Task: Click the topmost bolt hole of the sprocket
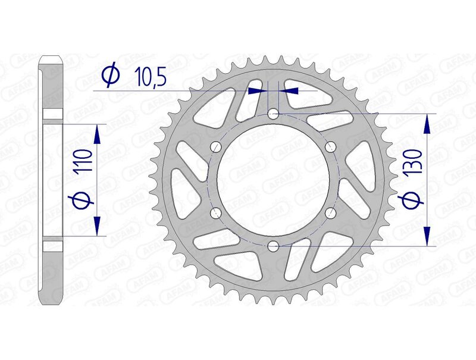[x=273, y=112]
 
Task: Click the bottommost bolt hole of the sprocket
[x=273, y=246]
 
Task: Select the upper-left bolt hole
[x=215, y=146]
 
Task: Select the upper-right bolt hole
[x=331, y=146]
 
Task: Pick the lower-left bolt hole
[x=215, y=212]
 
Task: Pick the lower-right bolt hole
[x=331, y=212]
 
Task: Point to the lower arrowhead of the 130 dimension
[x=426, y=236]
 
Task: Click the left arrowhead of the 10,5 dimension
[x=256, y=90]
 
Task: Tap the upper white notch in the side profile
[x=52, y=114]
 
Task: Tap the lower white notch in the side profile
[x=52, y=245]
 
